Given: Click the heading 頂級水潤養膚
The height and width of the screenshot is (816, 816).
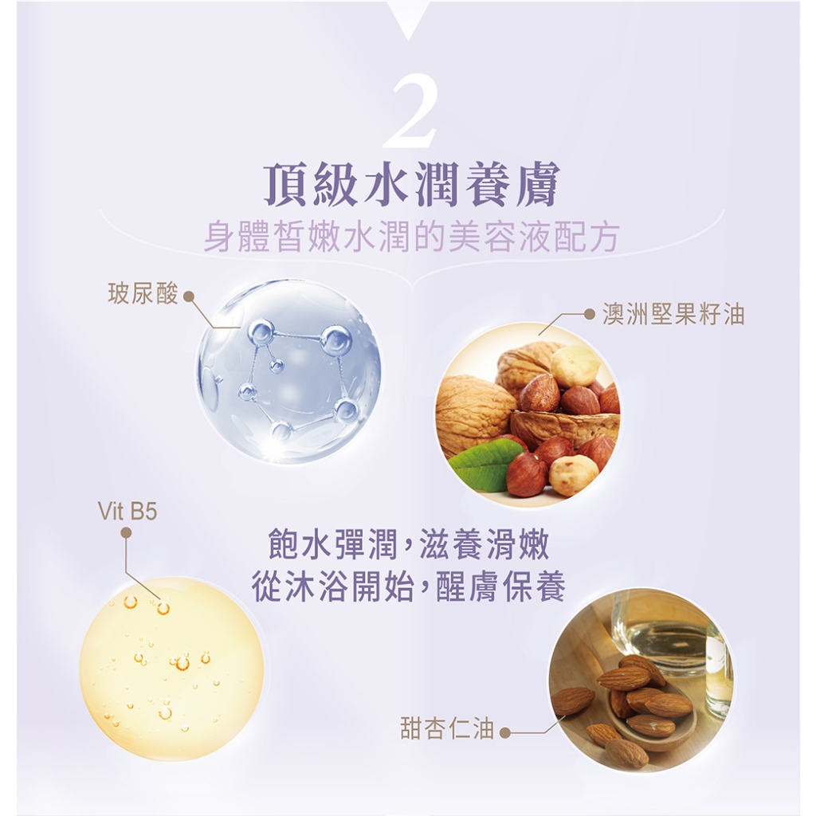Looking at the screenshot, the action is click(411, 184).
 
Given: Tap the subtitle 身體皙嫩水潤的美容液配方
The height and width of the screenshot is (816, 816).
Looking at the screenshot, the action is click(411, 237).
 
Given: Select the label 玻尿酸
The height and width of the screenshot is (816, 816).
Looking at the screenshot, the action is click(143, 293).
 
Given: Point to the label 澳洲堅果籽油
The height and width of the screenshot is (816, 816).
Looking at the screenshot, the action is click(673, 314).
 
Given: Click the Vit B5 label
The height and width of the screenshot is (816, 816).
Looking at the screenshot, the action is click(127, 512).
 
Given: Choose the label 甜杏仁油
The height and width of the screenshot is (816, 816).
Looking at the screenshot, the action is click(447, 728).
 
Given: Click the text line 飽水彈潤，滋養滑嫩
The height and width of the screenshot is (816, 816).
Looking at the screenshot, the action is click(407, 545).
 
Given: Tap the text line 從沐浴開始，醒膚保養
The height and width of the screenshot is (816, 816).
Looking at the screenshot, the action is click(408, 587).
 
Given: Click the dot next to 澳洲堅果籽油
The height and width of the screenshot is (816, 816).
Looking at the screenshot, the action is click(590, 314).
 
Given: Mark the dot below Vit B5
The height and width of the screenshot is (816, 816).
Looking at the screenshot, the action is click(126, 533).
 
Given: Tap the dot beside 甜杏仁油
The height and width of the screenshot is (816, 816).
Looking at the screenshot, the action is click(504, 733).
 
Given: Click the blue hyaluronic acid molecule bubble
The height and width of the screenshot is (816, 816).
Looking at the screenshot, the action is click(288, 371).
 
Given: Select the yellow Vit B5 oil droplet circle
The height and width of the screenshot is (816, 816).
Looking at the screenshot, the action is click(171, 669).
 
